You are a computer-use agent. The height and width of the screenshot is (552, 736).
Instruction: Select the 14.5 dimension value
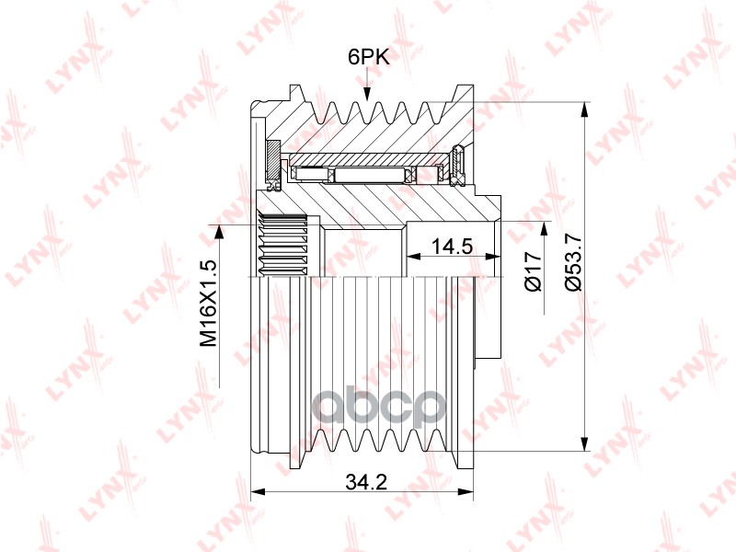453,247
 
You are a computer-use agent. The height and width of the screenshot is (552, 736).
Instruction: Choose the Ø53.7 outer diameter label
572,263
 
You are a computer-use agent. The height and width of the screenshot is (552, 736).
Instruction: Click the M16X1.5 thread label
210,304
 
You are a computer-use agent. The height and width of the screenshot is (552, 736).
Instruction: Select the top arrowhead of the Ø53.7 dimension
584,109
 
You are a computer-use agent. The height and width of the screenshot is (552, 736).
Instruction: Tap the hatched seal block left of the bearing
272,160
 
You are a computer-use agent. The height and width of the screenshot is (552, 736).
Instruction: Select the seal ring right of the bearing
459,164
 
